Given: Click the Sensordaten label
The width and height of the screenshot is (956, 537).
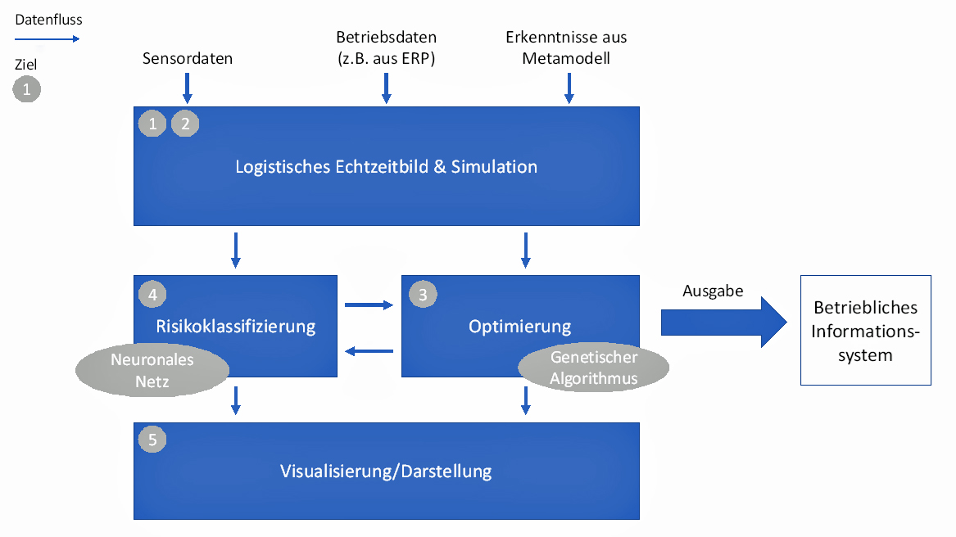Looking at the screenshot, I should pyautogui.click(x=188, y=58).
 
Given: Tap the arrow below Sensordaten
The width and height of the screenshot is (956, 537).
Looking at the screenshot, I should pyautogui.click(x=188, y=88).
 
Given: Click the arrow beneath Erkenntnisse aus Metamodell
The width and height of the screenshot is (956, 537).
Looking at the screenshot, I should pyautogui.click(x=569, y=88).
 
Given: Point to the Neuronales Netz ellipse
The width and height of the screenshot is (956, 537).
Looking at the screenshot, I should pyautogui.click(x=152, y=370).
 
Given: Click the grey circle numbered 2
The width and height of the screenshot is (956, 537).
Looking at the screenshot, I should pyautogui.click(x=185, y=124).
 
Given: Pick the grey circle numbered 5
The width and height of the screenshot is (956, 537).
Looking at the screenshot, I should pyautogui.click(x=152, y=440).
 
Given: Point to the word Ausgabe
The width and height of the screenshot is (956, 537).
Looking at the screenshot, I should pyautogui.click(x=713, y=291).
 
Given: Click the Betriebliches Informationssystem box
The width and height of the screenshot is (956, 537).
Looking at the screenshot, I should pyautogui.click(x=866, y=331).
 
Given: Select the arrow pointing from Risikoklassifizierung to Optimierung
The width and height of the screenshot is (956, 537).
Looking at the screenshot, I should pyautogui.click(x=369, y=305).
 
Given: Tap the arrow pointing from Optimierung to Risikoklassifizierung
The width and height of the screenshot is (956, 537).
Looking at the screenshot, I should pyautogui.click(x=369, y=351).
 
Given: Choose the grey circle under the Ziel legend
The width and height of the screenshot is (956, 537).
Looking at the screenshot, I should pyautogui.click(x=27, y=88).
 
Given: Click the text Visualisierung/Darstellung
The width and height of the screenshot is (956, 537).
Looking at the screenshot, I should pyautogui.click(x=386, y=472).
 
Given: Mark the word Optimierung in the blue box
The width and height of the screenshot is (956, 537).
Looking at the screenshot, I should pyautogui.click(x=519, y=327).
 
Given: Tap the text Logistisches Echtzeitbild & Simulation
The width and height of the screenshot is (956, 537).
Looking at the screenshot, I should pyautogui.click(x=386, y=167).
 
